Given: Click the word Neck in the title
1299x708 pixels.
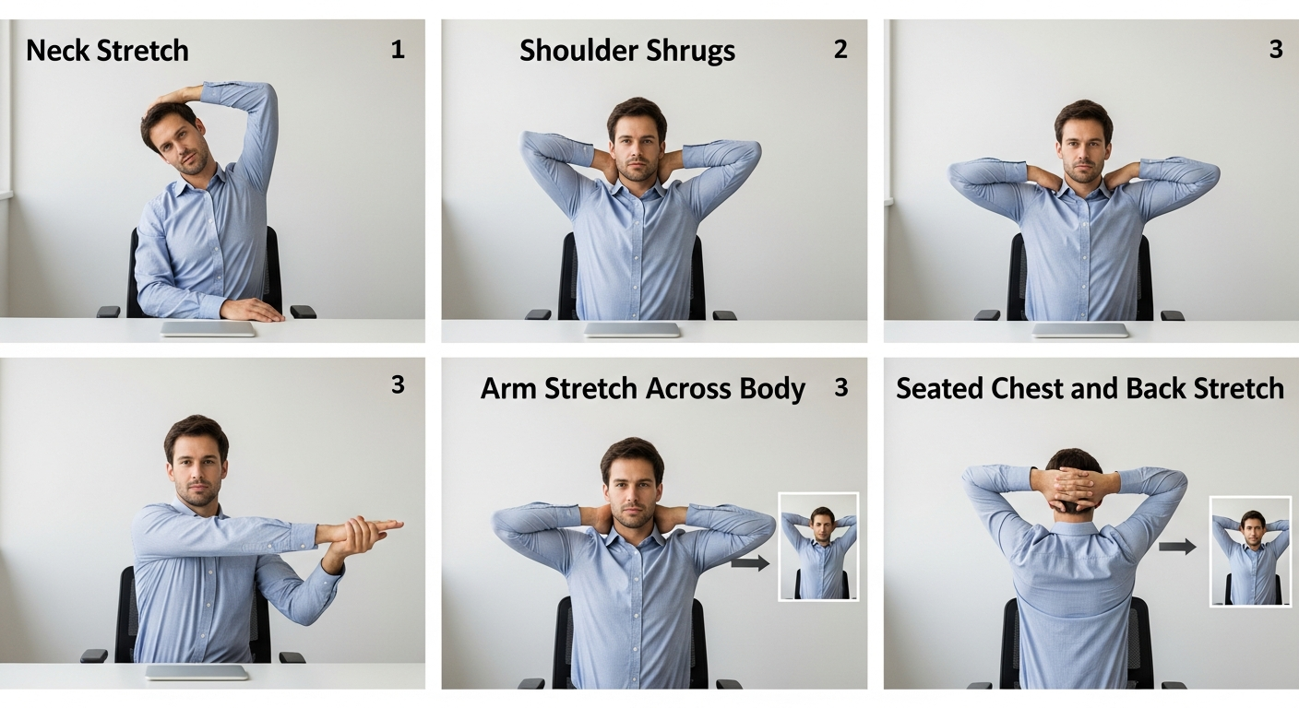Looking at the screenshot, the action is (x=57, y=51).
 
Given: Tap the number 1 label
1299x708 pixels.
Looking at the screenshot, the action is (x=398, y=49).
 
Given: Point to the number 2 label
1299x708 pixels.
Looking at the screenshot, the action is (x=840, y=49).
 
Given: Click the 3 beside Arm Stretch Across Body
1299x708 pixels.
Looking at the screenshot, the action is (x=840, y=387).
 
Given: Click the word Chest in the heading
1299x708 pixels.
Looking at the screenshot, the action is (x=1028, y=388).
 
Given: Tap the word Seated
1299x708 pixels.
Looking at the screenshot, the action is (x=940, y=388).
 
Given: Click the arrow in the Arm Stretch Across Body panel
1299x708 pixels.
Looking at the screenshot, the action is (x=750, y=562).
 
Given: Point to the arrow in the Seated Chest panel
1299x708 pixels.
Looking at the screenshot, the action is (x=1177, y=547).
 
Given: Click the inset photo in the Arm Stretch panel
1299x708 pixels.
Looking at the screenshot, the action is (x=818, y=547).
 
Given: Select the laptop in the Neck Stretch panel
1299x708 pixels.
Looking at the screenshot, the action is (x=208, y=329).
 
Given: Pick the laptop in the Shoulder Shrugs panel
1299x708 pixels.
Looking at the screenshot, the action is (x=632, y=330).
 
